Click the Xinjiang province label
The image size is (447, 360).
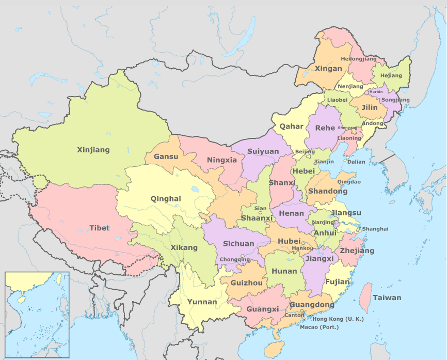[x=93, y=150]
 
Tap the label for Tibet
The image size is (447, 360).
[x=99, y=228]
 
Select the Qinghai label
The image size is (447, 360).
[x=166, y=198]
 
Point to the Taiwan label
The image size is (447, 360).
[x=387, y=298]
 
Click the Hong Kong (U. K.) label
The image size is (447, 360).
[x=338, y=319]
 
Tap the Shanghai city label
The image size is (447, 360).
[x=375, y=229]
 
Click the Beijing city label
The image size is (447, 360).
[x=305, y=152]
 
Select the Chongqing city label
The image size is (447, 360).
[x=235, y=260]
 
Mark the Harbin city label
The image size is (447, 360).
[x=376, y=91]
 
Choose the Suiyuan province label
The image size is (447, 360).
[x=263, y=151]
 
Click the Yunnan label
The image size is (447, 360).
[x=202, y=302]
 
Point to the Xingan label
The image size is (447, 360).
[x=328, y=68]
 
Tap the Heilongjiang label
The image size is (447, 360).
[x=359, y=59]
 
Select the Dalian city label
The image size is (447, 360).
[x=356, y=162]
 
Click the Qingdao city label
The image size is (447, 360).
[x=349, y=182]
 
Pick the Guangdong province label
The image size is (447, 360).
[x=312, y=305]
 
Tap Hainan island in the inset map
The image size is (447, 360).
[x=20, y=299]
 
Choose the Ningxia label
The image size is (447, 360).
[x=222, y=160]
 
